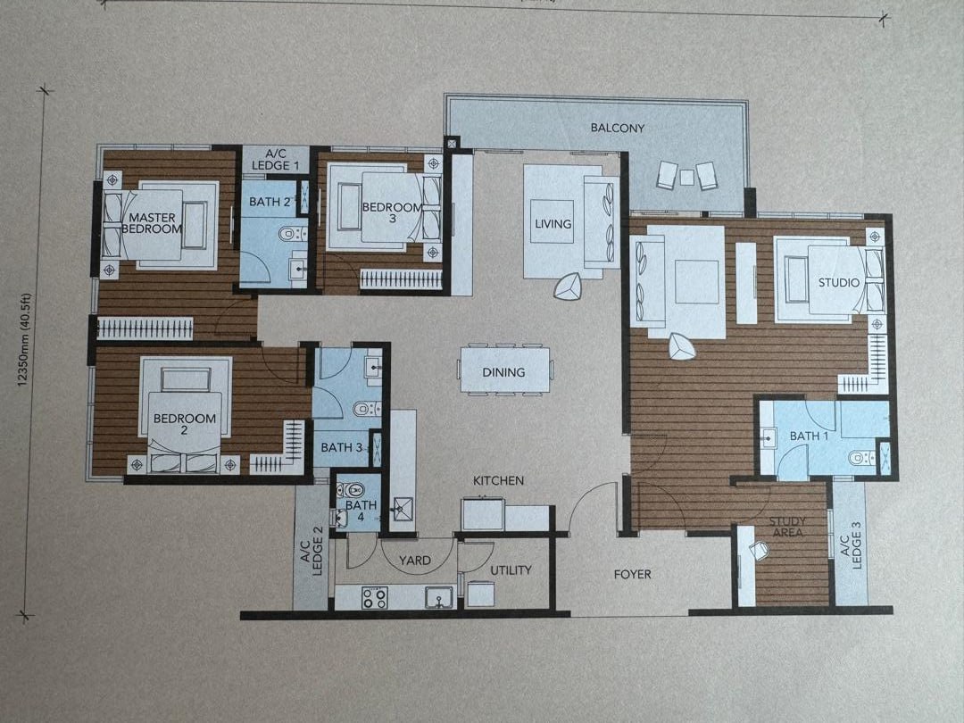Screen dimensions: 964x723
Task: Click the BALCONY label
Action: point(618,128)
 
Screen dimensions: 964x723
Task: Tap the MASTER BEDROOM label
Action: point(152,223)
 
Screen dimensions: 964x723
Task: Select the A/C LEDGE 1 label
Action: point(276,160)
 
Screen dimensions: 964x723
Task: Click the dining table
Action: point(504,370)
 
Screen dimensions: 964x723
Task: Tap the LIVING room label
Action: point(553,224)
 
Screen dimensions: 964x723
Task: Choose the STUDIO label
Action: point(838,283)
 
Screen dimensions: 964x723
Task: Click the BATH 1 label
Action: point(809,436)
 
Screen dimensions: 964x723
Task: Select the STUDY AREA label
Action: point(787,527)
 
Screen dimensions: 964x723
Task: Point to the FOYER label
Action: point(632,574)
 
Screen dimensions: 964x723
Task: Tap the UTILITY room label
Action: point(511,570)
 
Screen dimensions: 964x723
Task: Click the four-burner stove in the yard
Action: point(374,597)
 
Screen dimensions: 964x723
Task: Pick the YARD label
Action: point(414,561)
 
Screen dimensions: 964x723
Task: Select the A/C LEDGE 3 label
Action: point(851,545)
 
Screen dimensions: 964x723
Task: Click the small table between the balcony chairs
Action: point(686,177)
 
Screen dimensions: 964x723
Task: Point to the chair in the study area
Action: point(760,550)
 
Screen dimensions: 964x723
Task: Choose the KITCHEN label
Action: point(498,481)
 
